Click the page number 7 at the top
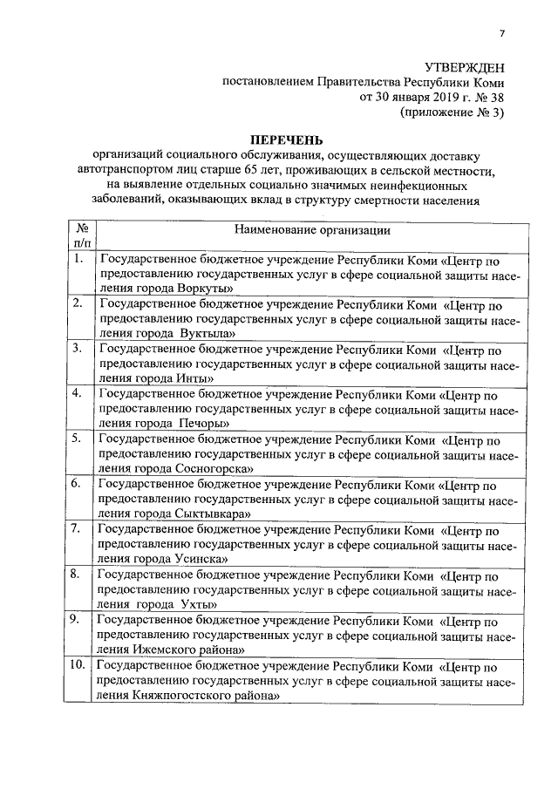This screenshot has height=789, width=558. click(x=503, y=33)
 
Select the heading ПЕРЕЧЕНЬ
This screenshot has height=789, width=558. click(x=287, y=139)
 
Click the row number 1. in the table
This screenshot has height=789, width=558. click(x=78, y=259)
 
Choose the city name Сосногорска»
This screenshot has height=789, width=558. click(x=215, y=469)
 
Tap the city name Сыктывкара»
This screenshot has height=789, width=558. click(x=215, y=514)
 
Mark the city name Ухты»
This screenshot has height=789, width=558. click(x=200, y=605)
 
